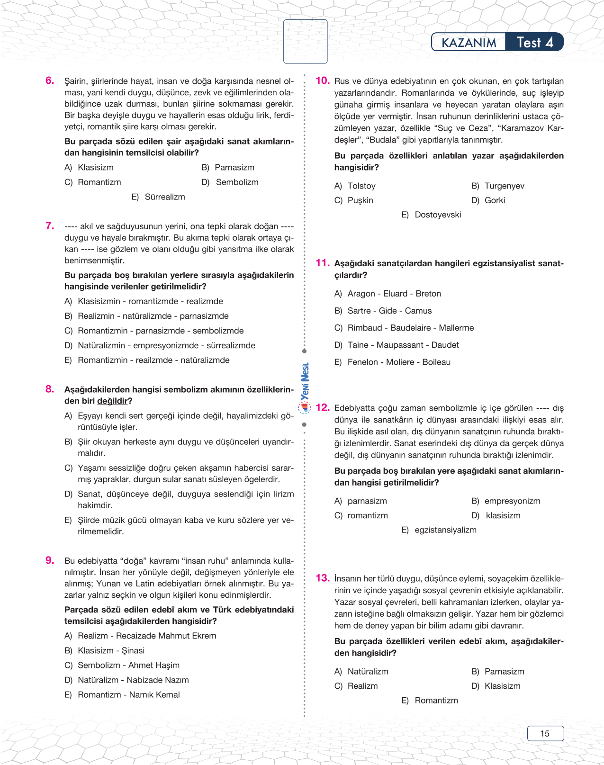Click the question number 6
tap(50, 81)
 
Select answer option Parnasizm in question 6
tap(234, 167)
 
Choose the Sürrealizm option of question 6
tap(164, 197)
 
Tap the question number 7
tap(50, 225)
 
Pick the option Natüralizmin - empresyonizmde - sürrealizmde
tap(166, 345)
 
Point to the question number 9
tap(50, 560)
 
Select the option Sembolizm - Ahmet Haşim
tap(128, 665)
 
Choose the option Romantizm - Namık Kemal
tap(128, 694)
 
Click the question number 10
tap(322, 81)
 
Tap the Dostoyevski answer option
tap(437, 215)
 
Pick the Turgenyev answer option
tap(504, 186)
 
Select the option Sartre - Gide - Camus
tap(389, 311)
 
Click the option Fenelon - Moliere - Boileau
tap(399, 362)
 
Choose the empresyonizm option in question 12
tap(512, 501)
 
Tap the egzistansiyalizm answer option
tap(445, 530)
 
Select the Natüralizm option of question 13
tap(368, 671)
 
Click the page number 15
tap(545, 733)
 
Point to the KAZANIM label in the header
tap(469, 43)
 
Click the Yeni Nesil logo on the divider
tap(305, 387)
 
